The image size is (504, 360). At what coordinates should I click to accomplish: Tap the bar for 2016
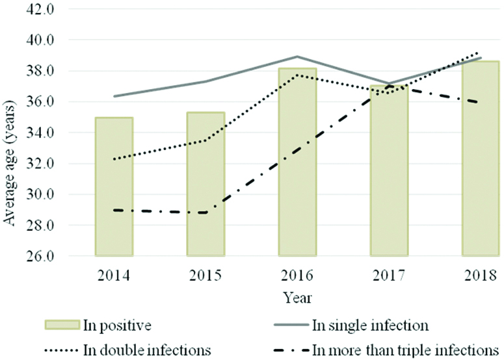(297, 162)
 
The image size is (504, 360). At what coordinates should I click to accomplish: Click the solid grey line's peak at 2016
(297, 57)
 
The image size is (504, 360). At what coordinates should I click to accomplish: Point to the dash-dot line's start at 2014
(114, 210)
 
